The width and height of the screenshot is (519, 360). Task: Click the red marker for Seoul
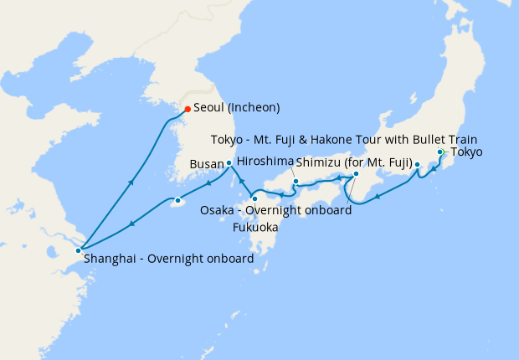(188, 109)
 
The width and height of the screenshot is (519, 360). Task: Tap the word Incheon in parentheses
(252, 108)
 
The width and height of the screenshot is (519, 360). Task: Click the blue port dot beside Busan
(229, 163)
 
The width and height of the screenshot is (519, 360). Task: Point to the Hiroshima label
(265, 161)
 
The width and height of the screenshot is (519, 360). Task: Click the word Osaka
(217, 210)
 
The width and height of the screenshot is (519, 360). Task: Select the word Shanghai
(109, 259)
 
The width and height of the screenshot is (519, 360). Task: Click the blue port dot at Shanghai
(78, 249)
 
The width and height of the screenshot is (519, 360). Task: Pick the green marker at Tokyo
(439, 152)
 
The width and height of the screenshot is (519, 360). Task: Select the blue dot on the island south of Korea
(177, 201)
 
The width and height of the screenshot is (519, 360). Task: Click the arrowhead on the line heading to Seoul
(131, 181)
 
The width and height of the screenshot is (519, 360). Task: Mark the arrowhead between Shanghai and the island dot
(131, 224)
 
